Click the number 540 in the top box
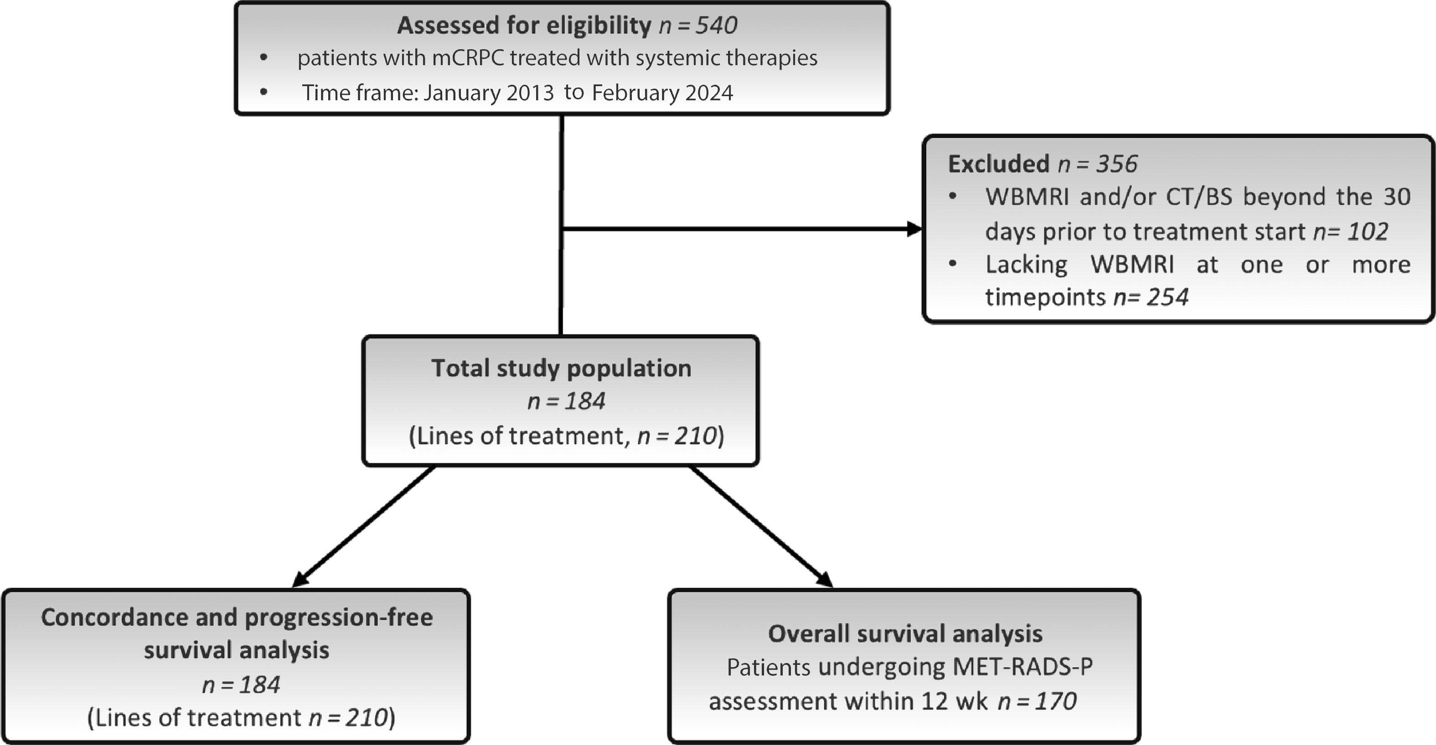click(x=716, y=26)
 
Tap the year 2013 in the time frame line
click(x=530, y=92)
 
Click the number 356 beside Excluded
click(x=1116, y=164)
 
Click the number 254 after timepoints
click(x=1167, y=297)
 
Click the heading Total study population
click(x=561, y=368)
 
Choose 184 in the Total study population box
click(x=584, y=401)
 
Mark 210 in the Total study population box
click(x=695, y=435)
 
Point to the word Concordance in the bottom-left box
click(x=138, y=617)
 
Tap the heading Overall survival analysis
click(x=905, y=633)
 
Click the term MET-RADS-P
click(x=1023, y=667)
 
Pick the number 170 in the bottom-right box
click(x=1056, y=701)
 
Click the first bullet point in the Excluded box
click(x=953, y=196)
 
